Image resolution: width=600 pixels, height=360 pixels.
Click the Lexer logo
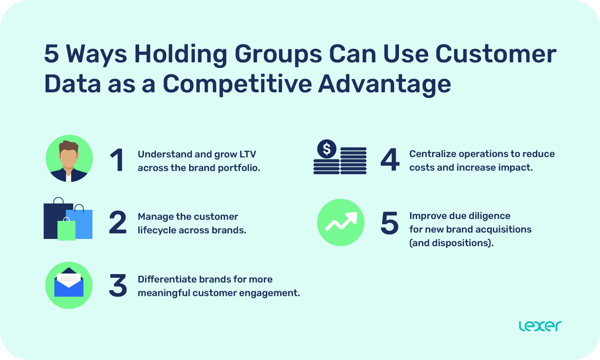(540, 326)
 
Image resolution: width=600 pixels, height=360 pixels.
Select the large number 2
(118, 223)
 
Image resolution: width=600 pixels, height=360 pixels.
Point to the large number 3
(118, 286)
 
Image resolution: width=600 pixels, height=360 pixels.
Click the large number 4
(390, 161)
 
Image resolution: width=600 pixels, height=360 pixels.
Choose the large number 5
(390, 223)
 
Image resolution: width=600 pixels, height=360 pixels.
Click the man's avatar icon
(69, 159)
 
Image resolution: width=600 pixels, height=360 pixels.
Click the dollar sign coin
(326, 149)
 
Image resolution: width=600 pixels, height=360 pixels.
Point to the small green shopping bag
(67, 229)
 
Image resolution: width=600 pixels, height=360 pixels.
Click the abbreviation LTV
(247, 154)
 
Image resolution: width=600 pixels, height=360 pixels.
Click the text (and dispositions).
(451, 243)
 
